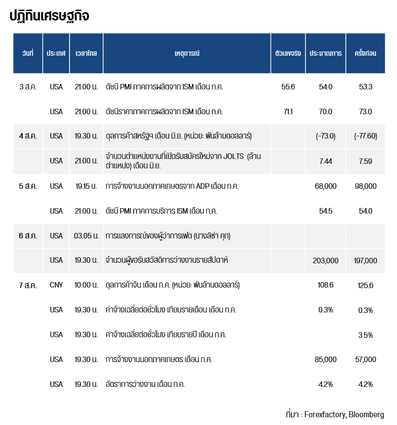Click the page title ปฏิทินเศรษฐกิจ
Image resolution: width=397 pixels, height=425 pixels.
pos(49,16)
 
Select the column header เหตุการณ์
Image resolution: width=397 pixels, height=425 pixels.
pos(187,53)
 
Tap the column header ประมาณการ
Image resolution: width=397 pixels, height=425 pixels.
pos(325,53)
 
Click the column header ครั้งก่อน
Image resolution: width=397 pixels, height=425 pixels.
pos(366,53)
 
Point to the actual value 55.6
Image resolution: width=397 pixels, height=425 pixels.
pos(288,87)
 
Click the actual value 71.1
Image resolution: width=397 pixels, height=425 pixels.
pos(288,111)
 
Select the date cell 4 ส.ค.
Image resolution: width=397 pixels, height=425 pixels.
pos(28,136)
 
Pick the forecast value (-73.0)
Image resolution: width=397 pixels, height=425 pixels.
pos(325,136)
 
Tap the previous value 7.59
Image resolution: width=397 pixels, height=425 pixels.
pos(366,161)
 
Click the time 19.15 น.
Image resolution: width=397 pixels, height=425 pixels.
pos(86,186)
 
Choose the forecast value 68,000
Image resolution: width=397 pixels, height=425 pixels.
pos(325,186)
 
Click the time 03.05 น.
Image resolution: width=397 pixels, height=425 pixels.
pos(86,236)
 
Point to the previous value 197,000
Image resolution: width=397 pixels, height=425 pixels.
pos(366,261)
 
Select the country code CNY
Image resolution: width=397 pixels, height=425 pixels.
pos(56,285)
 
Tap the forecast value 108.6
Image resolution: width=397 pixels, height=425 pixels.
pos(325,285)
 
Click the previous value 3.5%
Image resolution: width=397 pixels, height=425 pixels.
pos(366,335)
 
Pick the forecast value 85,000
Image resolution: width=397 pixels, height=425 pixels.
pos(325,359)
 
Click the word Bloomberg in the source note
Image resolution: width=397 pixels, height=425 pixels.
pos(367,415)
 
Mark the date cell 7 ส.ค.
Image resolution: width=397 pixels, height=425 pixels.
pos(28,285)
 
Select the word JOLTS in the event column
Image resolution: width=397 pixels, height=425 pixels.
pos(234,156)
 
